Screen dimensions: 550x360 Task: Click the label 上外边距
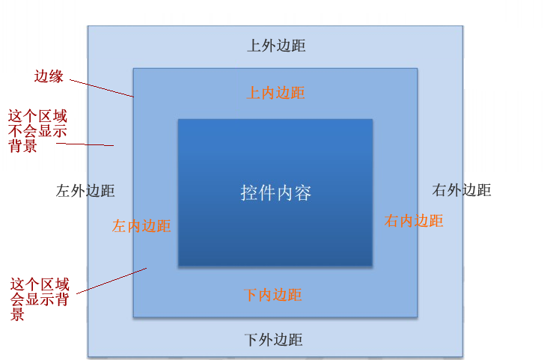[x=276, y=46]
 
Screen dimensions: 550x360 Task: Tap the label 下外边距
[x=274, y=340]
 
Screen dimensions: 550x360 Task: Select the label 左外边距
[x=85, y=191]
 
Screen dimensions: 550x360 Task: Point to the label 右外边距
[x=462, y=190]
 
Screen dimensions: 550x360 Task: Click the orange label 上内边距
[x=275, y=93]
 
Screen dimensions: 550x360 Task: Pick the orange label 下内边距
[x=273, y=295]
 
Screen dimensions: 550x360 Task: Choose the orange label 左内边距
[x=141, y=226]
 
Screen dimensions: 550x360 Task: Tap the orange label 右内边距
[x=414, y=221]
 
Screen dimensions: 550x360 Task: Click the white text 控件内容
[x=275, y=193]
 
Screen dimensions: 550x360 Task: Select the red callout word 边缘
[x=49, y=76]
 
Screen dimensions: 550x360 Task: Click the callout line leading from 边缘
[x=102, y=88]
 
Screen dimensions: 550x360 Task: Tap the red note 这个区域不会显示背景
[x=37, y=131]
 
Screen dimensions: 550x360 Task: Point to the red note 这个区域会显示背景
[x=40, y=299]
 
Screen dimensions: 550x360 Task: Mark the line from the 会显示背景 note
[x=111, y=281]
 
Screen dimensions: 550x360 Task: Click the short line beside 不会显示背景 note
[x=85, y=144]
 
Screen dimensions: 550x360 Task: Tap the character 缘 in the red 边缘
[x=56, y=76]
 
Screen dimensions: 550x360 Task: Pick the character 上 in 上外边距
[x=254, y=46]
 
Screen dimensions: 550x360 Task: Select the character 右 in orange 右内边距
[x=392, y=221]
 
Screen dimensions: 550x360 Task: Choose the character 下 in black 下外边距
[x=251, y=340]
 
